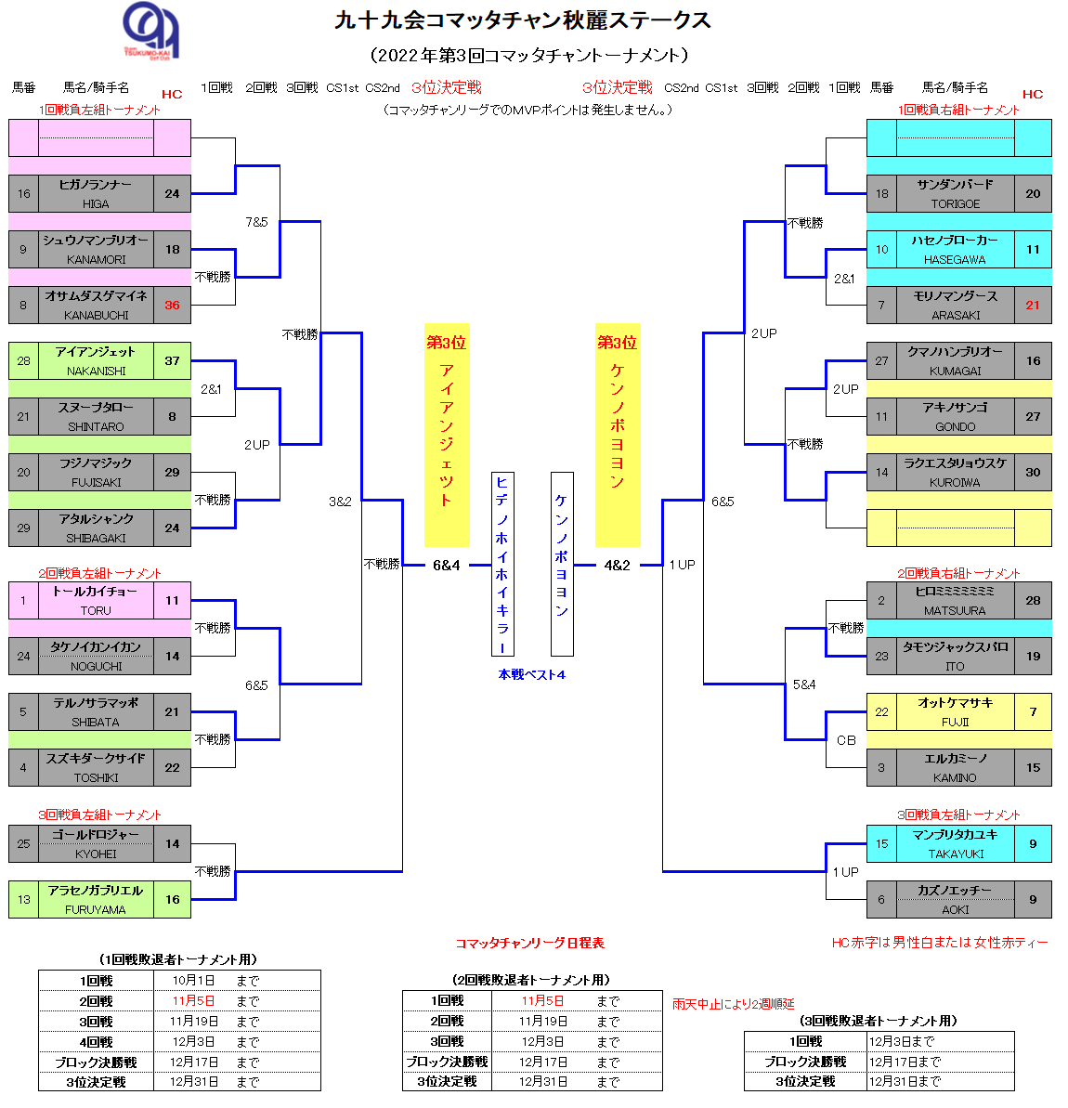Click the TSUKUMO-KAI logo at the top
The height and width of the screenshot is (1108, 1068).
pyautogui.click(x=151, y=31)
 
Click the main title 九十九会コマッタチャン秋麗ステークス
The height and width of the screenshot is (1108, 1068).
pyautogui.click(x=523, y=20)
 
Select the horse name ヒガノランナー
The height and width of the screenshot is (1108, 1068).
pyautogui.click(x=96, y=185)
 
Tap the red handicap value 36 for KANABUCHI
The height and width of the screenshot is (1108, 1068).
pyautogui.click(x=172, y=305)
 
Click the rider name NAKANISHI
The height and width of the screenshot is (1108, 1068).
pyautogui.click(x=96, y=371)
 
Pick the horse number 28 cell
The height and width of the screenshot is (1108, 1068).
pyautogui.click(x=23, y=360)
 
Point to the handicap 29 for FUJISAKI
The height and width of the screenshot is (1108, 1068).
pyautogui.click(x=172, y=472)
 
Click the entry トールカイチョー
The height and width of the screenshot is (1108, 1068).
pyautogui.click(x=96, y=592)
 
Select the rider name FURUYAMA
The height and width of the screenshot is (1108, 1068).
pyautogui.click(x=96, y=909)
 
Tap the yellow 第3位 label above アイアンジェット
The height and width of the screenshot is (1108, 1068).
pyautogui.click(x=446, y=343)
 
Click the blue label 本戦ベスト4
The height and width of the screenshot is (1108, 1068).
pyautogui.click(x=531, y=674)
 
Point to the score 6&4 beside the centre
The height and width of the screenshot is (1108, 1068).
pyautogui.click(x=446, y=565)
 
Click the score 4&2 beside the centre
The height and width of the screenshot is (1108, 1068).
pyautogui.click(x=617, y=565)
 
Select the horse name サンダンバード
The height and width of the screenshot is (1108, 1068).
pyautogui.click(x=955, y=185)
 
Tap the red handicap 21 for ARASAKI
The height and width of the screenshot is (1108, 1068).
pyautogui.click(x=1033, y=305)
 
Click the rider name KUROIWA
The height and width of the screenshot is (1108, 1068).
pyautogui.click(x=955, y=482)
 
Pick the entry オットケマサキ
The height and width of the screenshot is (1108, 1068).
pyautogui.click(x=955, y=703)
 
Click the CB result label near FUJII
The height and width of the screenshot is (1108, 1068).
pyautogui.click(x=845, y=740)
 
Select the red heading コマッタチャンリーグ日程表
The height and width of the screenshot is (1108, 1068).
pyautogui.click(x=529, y=943)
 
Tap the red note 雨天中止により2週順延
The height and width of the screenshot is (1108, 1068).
pyautogui.click(x=733, y=1003)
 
